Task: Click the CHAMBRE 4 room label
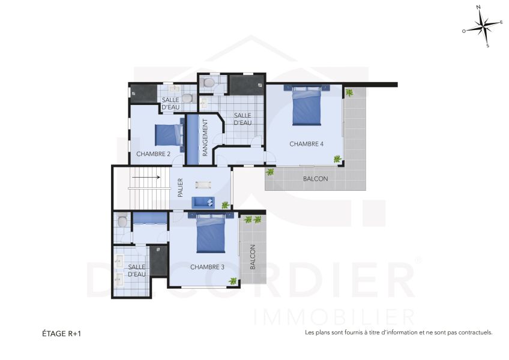(306, 144)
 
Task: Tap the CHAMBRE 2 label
(153, 154)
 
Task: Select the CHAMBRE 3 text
(207, 267)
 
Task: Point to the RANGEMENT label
(205, 137)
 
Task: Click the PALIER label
(181, 188)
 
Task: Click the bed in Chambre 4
(307, 105)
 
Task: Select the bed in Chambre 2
(169, 135)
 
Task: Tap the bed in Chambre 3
(211, 232)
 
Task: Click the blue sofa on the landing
(203, 203)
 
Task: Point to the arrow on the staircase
(146, 177)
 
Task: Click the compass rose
(483, 26)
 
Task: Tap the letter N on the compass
(478, 7)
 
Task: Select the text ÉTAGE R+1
(61, 334)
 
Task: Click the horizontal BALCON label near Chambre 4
(316, 179)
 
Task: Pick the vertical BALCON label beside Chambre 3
(253, 257)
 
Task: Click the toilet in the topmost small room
(207, 82)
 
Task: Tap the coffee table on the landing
(203, 185)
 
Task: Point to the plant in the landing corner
(225, 205)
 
